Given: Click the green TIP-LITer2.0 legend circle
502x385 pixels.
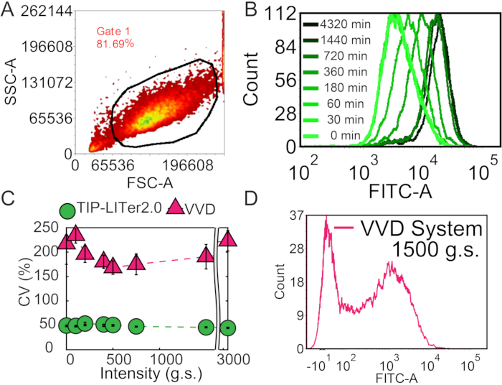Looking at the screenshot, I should click(x=67, y=211).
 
